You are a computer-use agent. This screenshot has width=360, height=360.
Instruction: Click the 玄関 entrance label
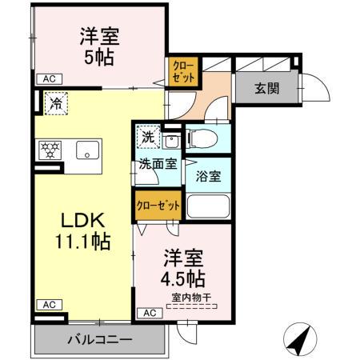pos(267,90)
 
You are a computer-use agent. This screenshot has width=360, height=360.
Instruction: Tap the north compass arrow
pos(298,342)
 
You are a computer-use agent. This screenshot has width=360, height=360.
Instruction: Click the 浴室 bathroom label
pos(209,177)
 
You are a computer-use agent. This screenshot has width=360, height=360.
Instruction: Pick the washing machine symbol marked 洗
pos(147,137)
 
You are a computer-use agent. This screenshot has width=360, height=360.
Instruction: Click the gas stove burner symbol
pos(47,149)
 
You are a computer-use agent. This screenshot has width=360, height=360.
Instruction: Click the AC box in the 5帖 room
pos(48,78)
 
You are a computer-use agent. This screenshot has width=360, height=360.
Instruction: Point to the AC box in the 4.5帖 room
pos(150,313)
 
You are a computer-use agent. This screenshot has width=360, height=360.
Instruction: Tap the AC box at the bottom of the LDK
pos(48,305)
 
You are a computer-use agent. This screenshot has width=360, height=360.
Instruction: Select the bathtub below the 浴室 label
pos(208,206)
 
